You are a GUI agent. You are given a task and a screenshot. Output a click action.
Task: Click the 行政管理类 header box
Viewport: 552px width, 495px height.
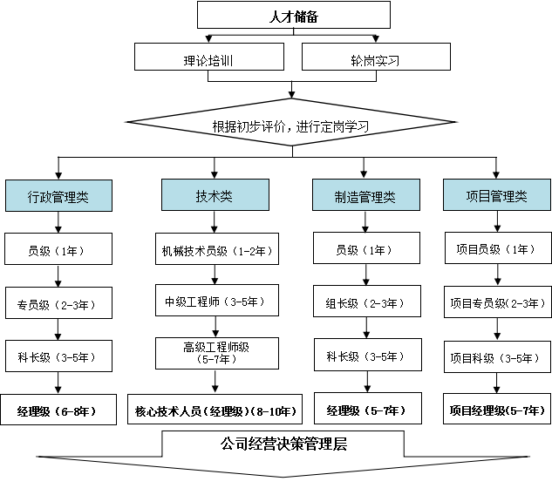[58, 196]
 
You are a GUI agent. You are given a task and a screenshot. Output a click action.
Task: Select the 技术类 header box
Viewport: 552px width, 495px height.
[215, 195]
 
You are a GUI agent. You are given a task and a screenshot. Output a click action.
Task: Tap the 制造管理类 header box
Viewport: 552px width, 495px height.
[365, 196]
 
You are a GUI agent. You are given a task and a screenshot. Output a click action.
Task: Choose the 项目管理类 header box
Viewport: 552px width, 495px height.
[497, 195]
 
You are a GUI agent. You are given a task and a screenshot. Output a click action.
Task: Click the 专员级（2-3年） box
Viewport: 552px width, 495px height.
[58, 305]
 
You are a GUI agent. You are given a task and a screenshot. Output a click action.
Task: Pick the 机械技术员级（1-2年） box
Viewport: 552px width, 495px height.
[217, 250]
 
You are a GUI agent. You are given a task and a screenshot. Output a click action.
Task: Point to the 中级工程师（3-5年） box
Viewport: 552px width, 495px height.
[215, 302]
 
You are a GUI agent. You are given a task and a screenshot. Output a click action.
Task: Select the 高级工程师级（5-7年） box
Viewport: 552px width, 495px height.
[217, 352]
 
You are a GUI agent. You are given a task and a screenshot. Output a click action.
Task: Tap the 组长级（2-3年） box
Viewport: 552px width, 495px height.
[366, 303]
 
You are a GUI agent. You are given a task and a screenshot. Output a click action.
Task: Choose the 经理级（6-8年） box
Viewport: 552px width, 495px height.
[58, 410]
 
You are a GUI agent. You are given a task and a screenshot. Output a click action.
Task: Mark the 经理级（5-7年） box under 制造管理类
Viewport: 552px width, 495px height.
[366, 410]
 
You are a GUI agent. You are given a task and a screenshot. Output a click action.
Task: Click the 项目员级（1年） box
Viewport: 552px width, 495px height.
[496, 249]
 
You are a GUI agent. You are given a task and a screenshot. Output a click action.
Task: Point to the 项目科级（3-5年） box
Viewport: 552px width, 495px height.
[496, 357]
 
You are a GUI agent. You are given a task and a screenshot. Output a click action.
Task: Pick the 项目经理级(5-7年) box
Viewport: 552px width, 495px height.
[496, 410]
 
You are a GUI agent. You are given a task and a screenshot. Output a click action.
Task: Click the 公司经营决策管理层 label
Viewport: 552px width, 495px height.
[283, 444]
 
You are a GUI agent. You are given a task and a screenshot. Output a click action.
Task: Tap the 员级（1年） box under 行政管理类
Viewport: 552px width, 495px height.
[58, 250]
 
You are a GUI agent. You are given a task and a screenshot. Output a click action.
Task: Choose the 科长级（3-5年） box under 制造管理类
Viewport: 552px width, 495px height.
[366, 356]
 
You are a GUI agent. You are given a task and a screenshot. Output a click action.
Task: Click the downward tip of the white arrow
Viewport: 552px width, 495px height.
[283, 476]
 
